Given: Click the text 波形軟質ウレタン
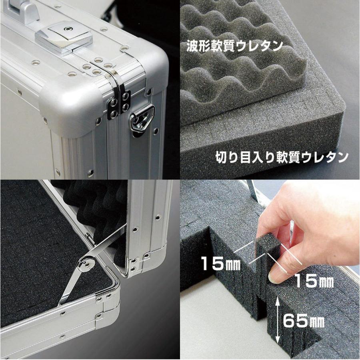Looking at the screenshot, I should (x=234, y=46).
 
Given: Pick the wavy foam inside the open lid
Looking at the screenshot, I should (x=92, y=208).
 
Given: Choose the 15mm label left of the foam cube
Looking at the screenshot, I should (x=220, y=263).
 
